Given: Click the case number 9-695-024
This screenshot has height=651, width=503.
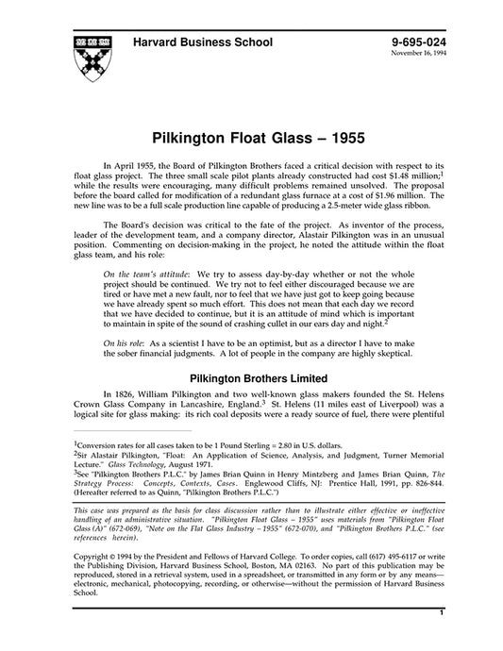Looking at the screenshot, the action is pyautogui.click(x=418, y=42).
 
